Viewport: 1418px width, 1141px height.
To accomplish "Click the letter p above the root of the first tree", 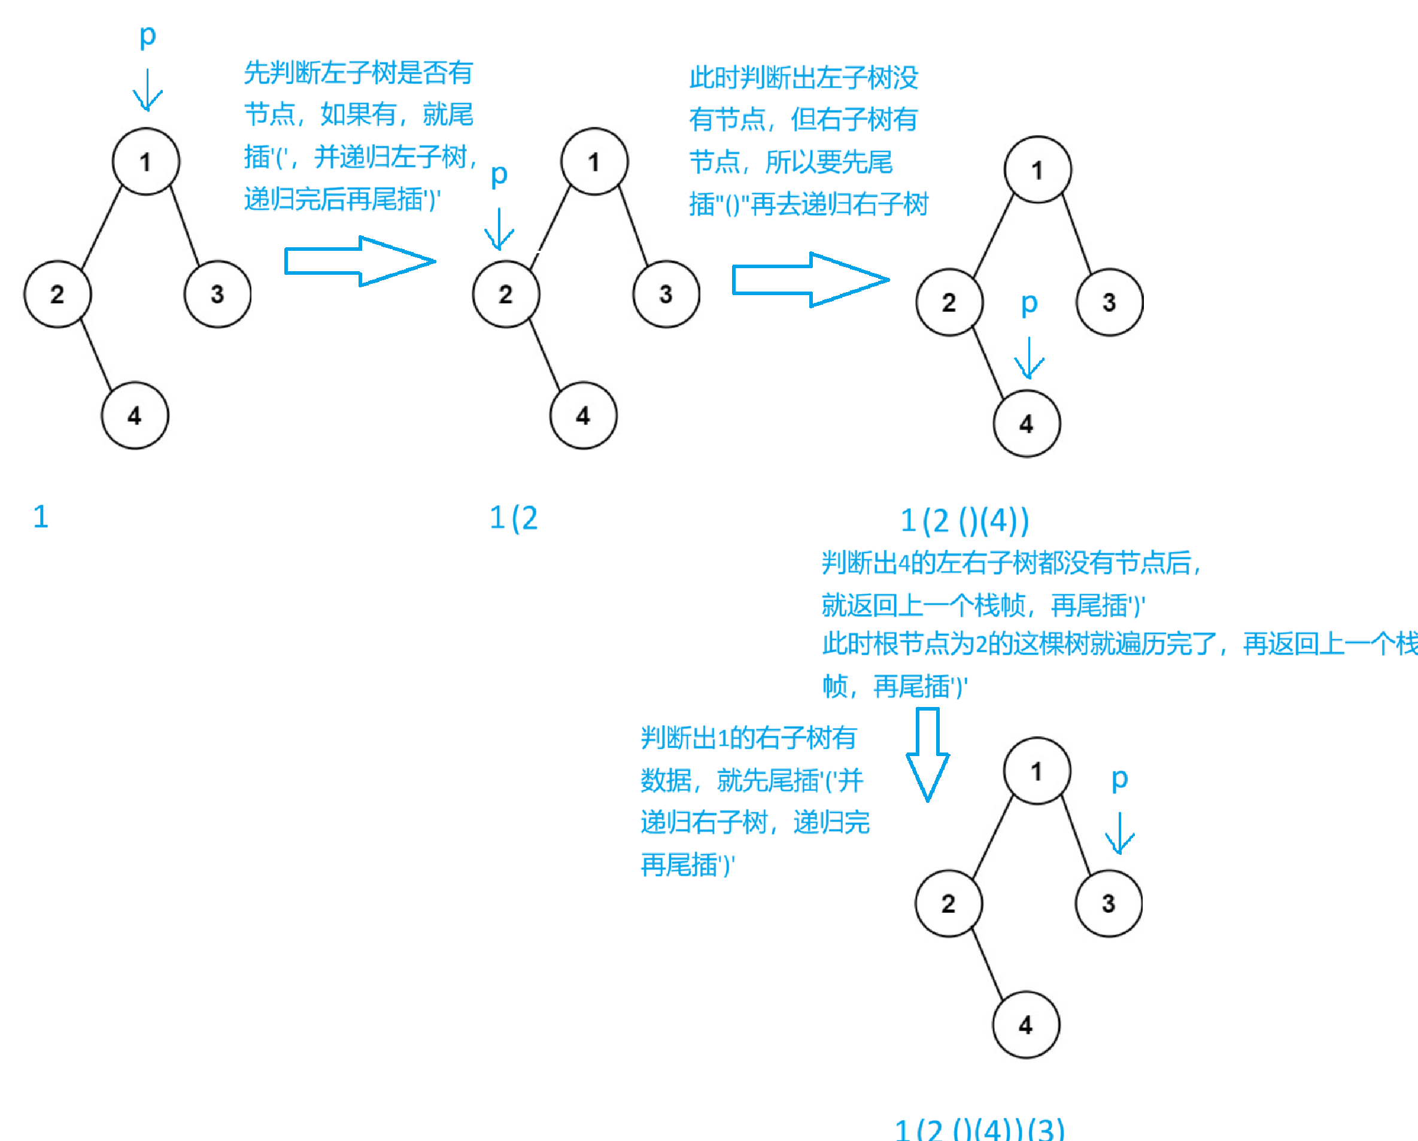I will click(147, 36).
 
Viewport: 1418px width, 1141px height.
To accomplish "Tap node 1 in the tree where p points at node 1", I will click(145, 162).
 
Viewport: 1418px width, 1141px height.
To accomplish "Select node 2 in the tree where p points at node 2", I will click(505, 295).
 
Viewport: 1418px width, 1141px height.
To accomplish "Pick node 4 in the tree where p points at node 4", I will click(1026, 423).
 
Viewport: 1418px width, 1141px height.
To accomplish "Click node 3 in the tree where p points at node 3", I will click(1108, 903).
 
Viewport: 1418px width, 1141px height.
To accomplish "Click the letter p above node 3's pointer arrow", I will click(1119, 780).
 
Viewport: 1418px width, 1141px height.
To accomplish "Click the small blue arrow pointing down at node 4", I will click(1029, 359).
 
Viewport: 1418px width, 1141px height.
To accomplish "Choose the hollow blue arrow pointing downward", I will click(927, 754).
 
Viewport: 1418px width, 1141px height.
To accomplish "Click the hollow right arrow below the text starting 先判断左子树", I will click(359, 262).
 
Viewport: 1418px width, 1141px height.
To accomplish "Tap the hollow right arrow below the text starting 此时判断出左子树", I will click(810, 280).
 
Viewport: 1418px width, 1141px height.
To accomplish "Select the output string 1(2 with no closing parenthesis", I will click(514, 518).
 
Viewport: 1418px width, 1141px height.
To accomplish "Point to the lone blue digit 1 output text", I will click(41, 517).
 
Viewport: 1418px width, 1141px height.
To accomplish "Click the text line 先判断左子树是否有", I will click(359, 72).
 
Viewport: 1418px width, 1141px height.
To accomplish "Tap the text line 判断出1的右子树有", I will click(748, 738).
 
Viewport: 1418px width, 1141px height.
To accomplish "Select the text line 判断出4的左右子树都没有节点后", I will click(1012, 563).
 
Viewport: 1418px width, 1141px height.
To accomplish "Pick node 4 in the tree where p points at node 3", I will click(1025, 1025).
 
